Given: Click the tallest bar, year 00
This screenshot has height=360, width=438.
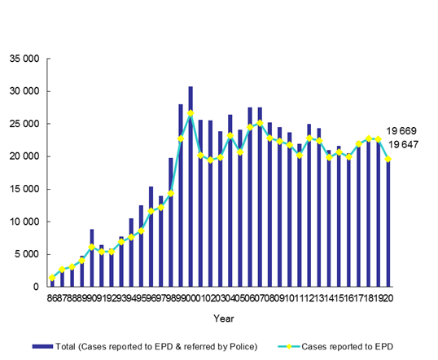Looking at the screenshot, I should point(191,187).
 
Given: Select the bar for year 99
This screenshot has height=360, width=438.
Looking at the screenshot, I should point(181,195).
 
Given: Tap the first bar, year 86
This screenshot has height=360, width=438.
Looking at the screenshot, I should point(52,282).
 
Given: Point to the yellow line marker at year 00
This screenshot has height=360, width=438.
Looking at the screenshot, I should point(191,113).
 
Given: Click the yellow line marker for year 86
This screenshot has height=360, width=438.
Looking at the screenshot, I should point(52,278).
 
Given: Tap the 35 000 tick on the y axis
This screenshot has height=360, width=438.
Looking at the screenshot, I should point(26,59).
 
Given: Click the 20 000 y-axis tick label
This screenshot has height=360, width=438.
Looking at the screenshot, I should point(26,156).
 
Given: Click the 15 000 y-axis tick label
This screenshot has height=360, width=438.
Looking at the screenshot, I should point(26,189).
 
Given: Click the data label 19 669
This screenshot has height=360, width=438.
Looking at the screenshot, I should point(407,131).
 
